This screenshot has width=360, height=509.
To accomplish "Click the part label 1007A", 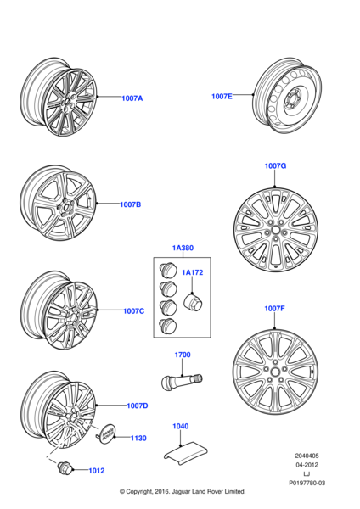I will [132, 98].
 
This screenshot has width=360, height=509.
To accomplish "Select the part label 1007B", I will [130, 204].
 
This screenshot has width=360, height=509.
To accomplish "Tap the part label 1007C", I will [134, 311].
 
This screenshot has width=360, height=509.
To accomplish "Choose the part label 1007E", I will [222, 97].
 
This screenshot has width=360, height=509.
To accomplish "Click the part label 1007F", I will [274, 310].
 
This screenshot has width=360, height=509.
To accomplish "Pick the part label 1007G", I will [275, 166].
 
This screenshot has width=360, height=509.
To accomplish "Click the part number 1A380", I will [183, 249].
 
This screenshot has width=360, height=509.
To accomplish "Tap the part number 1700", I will [183, 355].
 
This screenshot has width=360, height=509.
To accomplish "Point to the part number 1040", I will [181, 427].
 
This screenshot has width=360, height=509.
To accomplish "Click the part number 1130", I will [138, 439].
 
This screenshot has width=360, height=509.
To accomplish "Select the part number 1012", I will [98, 469].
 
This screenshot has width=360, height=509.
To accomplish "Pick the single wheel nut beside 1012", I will [64, 467].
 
